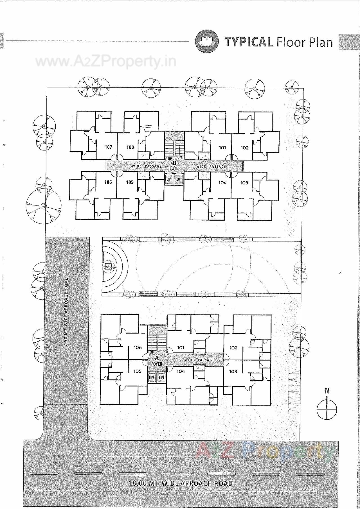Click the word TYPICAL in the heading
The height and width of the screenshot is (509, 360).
pyautogui.click(x=249, y=42)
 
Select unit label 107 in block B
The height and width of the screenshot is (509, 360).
pyautogui.click(x=108, y=147)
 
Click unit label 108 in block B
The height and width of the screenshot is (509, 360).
pyautogui.click(x=130, y=147)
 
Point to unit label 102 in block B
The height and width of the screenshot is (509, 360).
pyautogui.click(x=244, y=148)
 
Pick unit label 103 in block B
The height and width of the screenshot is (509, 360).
pyautogui.click(x=244, y=183)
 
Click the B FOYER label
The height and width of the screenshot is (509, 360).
pyautogui.click(x=174, y=166)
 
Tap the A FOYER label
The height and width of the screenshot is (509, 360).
pyautogui.click(x=157, y=361)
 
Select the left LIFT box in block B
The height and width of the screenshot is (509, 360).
pyautogui.click(x=169, y=180)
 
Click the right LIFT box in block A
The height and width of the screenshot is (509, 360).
pyautogui.click(x=161, y=378)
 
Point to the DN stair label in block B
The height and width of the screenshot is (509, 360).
pyautogui.click(x=180, y=157)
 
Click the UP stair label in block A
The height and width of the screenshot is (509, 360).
pyautogui.click(x=152, y=352)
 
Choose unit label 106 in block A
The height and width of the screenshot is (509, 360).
pyautogui.click(x=138, y=347)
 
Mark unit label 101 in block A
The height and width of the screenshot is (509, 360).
pyautogui.click(x=181, y=348)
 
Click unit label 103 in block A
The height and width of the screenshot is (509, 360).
pyautogui.click(x=233, y=372)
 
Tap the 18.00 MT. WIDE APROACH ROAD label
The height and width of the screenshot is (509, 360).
pyautogui.click(x=181, y=483)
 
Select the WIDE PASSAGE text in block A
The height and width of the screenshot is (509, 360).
pyautogui.click(x=199, y=360)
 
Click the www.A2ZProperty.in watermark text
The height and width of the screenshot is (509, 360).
pyautogui.click(x=106, y=62)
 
